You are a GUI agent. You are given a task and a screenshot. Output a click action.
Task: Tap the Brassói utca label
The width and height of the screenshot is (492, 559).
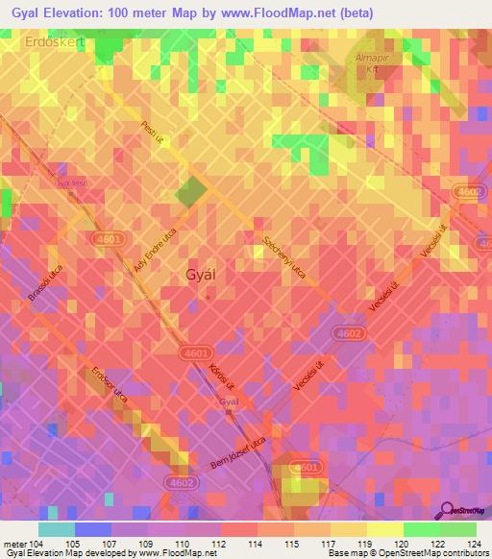click(45, 285)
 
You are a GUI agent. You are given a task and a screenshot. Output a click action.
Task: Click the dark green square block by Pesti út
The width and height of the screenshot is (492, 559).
click(190, 191)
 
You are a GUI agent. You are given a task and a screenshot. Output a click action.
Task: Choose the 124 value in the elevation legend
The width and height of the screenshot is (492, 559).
click(469, 544)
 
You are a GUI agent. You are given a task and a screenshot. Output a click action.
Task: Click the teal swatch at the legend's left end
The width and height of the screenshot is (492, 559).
click(56, 529)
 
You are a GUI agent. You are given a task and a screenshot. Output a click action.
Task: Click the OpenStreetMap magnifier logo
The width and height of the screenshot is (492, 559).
click(447, 510)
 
